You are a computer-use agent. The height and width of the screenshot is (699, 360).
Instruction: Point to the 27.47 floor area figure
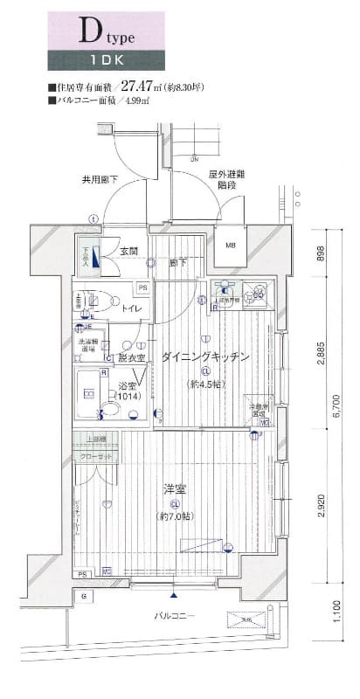click(x=136, y=87)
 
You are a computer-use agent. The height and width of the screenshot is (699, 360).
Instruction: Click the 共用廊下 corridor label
click(x=100, y=180)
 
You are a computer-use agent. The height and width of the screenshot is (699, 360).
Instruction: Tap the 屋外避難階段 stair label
click(x=226, y=180)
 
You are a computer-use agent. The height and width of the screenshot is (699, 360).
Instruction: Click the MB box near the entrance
click(x=231, y=245)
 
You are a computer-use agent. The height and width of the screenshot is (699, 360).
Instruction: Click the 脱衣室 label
click(x=131, y=358)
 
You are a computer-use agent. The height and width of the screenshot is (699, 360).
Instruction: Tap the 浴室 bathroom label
click(x=128, y=384)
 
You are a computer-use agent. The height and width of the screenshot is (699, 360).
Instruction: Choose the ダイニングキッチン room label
click(x=205, y=356)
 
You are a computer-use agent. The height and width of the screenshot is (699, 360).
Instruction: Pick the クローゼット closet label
click(x=96, y=456)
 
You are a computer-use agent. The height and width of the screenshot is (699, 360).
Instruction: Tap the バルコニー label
click(x=176, y=616)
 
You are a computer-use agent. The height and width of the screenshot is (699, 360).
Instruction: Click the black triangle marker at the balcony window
click(x=175, y=594)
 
